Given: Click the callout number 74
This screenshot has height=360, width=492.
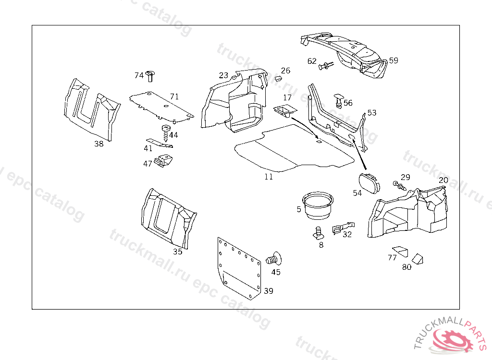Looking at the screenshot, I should pyautogui.click(x=139, y=75).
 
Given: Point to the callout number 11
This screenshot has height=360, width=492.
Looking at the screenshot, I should pyautogui.click(x=269, y=177).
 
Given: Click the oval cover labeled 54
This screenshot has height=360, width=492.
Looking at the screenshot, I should pyautogui.click(x=369, y=183).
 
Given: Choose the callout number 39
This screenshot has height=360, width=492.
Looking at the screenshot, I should pyautogui.click(x=269, y=291).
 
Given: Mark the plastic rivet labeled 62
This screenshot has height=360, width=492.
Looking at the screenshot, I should pyautogui.click(x=326, y=66).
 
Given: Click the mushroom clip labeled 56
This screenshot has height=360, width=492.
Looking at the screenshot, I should pyautogui.click(x=339, y=100).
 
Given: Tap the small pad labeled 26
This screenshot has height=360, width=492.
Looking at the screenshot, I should pyautogui.click(x=278, y=78).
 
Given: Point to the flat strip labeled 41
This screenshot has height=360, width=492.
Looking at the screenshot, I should pyautogui.click(x=160, y=143).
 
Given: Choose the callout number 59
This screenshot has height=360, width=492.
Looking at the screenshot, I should pyautogui.click(x=394, y=60).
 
